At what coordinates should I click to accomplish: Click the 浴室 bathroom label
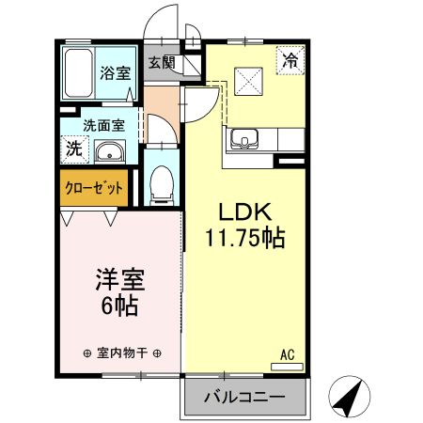[x=116, y=73]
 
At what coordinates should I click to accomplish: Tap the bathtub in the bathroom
[x=78, y=73]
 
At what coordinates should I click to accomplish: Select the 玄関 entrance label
[x=162, y=62]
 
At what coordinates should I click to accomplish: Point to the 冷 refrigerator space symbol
[x=290, y=60]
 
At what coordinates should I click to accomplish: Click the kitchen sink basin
[x=244, y=138]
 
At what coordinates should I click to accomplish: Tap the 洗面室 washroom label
[x=104, y=126]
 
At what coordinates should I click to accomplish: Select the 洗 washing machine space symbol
[x=74, y=149]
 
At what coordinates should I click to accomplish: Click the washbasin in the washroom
[x=110, y=152]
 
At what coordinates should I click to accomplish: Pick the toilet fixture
[x=162, y=185]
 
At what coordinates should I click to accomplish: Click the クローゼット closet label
[x=93, y=188]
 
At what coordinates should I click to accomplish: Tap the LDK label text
[x=244, y=212]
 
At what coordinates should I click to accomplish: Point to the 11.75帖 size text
[x=244, y=238]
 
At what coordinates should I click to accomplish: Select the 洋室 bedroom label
[x=120, y=280]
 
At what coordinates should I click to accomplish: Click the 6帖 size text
[x=119, y=305]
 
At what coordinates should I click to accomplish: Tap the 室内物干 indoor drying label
[x=122, y=353]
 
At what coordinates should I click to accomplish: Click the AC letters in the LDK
[x=287, y=355]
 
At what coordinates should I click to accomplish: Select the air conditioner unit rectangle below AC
[x=287, y=367]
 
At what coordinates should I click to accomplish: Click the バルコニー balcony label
[x=244, y=398]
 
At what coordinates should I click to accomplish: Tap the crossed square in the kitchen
[x=248, y=81]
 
